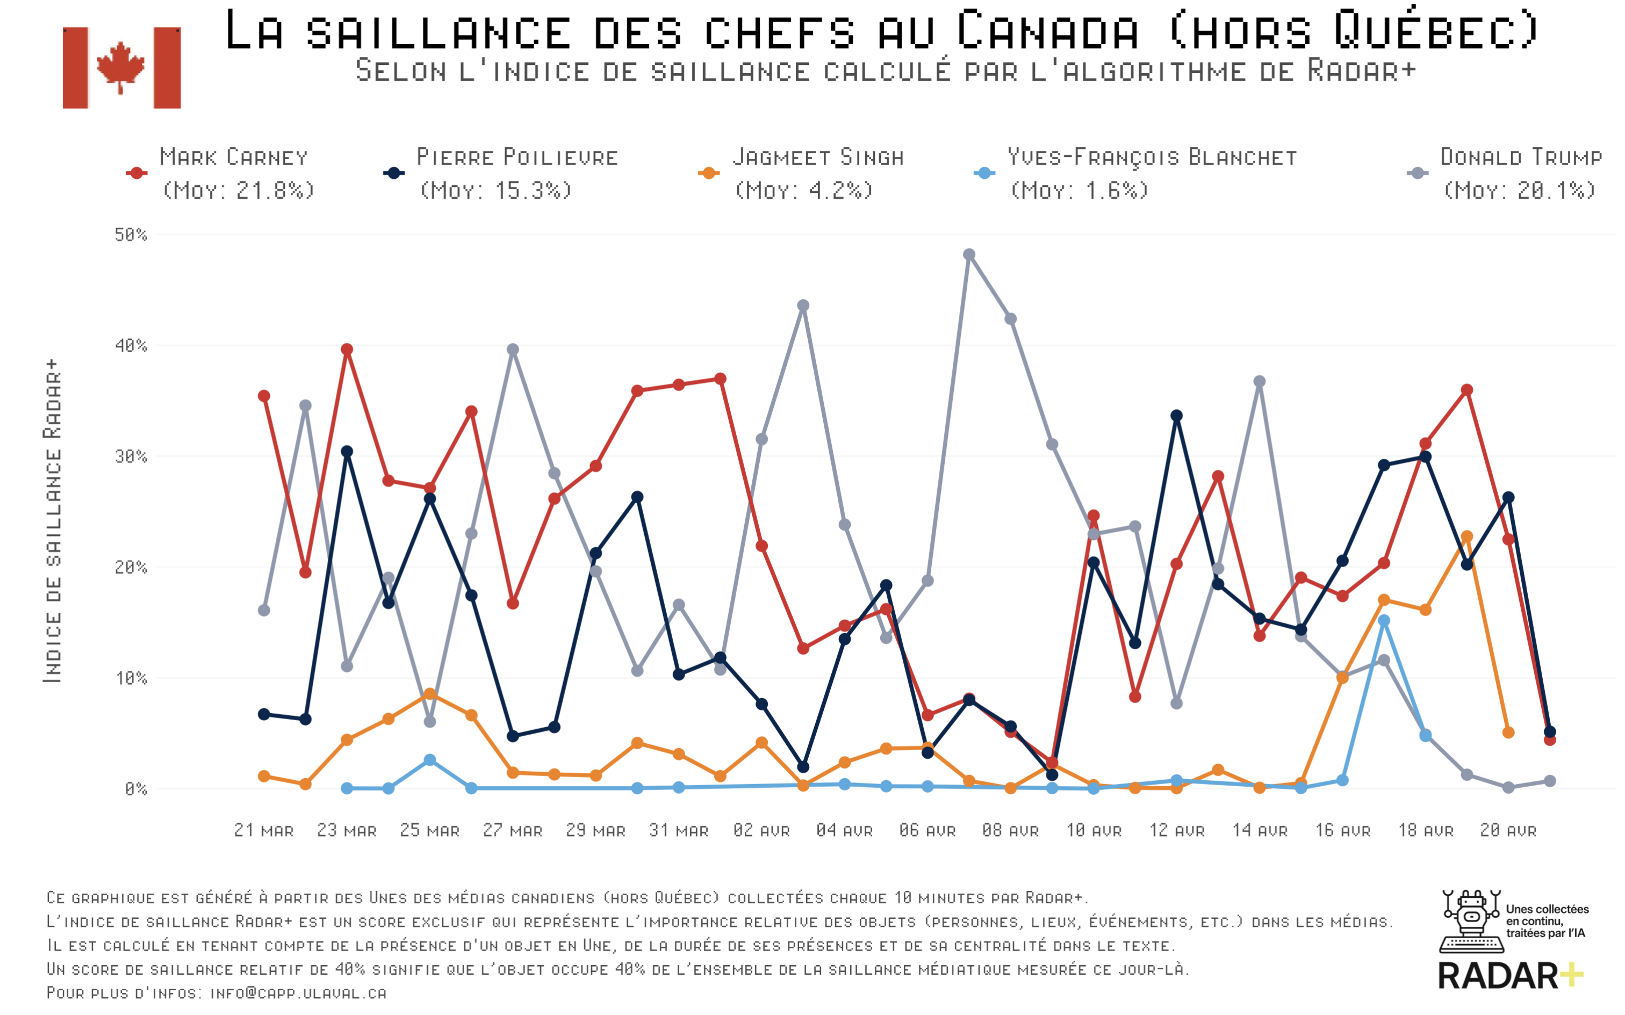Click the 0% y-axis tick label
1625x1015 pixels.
point(135,789)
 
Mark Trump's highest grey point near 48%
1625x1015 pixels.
point(969,255)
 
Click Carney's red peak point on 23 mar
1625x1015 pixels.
point(347,350)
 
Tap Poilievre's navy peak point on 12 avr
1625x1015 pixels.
point(1176,416)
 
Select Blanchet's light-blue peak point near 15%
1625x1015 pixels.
point(1384,621)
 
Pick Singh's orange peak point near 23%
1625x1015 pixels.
point(1466,537)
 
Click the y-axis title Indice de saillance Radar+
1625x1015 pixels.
point(52,521)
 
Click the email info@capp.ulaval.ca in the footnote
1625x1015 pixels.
point(298,993)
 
